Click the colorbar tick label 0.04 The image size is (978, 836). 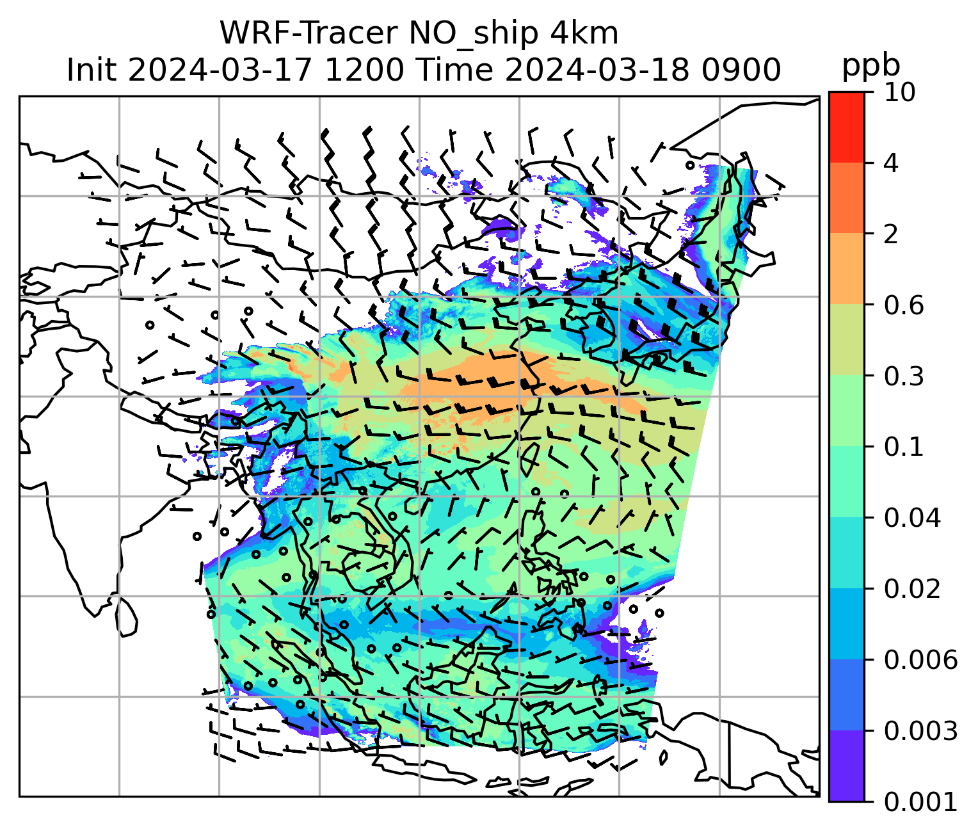[912, 518]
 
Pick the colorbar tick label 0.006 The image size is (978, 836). [920, 660]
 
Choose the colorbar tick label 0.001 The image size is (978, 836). [920, 801]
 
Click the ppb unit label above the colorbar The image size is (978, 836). [870, 65]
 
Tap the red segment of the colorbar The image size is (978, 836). [846, 127]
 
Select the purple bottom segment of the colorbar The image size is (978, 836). [846, 766]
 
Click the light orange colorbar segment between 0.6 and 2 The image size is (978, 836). [846, 269]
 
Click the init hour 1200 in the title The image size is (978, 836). [364, 70]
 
